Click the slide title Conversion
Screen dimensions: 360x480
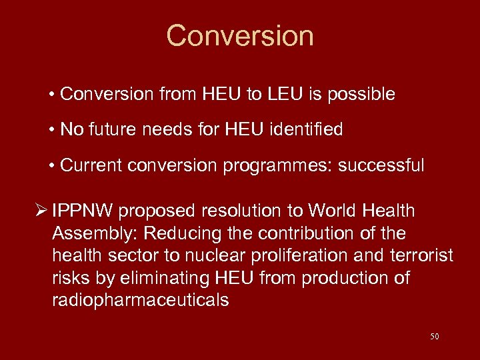click(x=240, y=35)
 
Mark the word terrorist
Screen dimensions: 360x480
click(x=421, y=256)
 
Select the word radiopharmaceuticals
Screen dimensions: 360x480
click(x=140, y=300)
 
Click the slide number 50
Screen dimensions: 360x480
click(x=435, y=337)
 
